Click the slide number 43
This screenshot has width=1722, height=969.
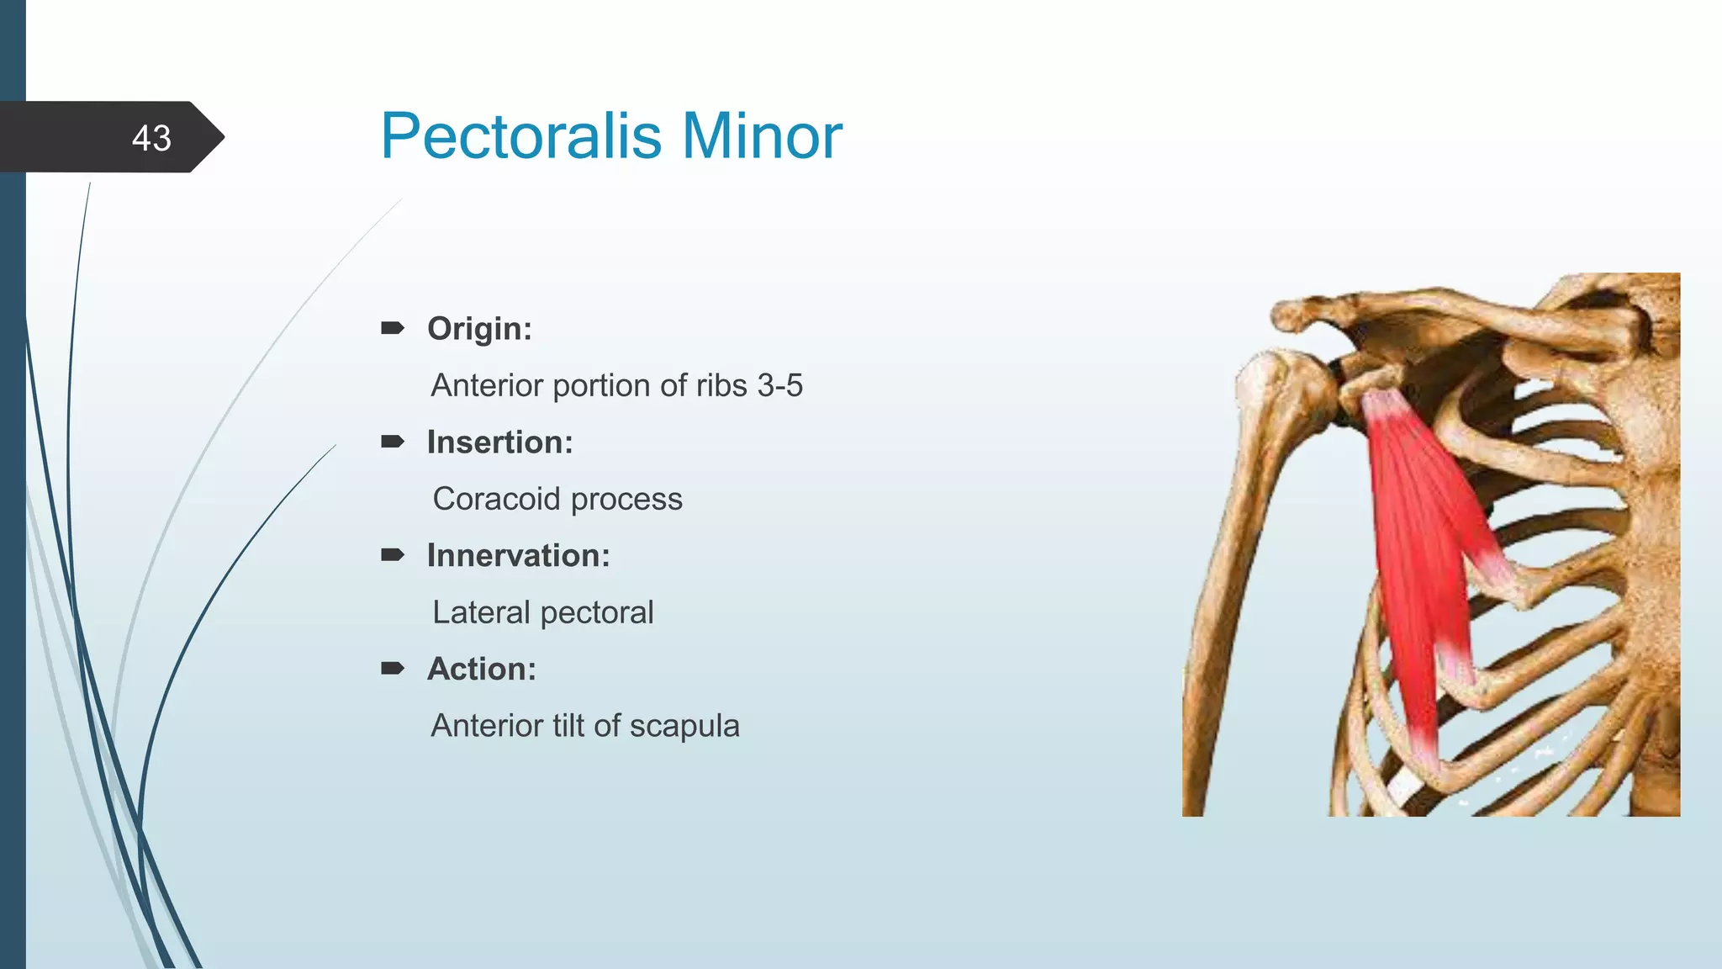pyautogui.click(x=151, y=138)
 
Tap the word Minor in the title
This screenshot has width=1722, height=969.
pyautogui.click(x=761, y=135)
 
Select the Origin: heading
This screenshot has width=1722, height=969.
pyautogui.click(x=479, y=328)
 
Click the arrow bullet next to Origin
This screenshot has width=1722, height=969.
pyautogui.click(x=393, y=328)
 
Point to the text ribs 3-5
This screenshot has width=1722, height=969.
pyautogui.click(x=749, y=385)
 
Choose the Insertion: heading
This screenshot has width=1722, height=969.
pyautogui.click(x=499, y=442)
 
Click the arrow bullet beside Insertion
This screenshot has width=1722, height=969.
pyautogui.click(x=393, y=442)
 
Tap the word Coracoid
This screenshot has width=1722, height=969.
pyautogui.click(x=496, y=499)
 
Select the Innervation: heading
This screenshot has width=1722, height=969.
pyautogui.click(x=518, y=555)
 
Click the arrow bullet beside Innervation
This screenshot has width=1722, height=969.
pyautogui.click(x=393, y=555)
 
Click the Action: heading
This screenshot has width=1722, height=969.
pyautogui.click(x=481, y=669)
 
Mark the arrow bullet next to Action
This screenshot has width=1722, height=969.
pyautogui.click(x=393, y=669)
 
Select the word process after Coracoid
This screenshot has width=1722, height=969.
pyautogui.click(x=626, y=500)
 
